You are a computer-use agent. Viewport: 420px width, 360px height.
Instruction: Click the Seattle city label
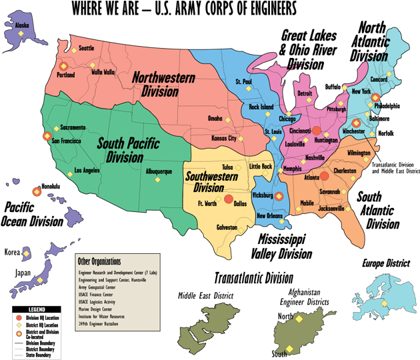(87, 48)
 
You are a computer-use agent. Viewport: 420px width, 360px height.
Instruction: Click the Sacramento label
(73, 127)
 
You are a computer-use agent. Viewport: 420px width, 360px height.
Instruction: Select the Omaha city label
(215, 118)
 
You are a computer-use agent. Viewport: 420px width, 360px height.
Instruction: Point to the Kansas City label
(223, 138)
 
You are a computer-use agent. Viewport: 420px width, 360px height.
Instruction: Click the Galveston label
(227, 227)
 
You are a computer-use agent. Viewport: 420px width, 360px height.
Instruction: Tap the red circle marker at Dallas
(228, 199)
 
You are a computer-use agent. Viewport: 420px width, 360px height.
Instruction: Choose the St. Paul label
(243, 81)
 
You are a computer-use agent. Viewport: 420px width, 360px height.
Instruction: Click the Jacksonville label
(331, 208)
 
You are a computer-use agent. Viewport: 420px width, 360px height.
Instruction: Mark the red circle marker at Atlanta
(324, 176)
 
